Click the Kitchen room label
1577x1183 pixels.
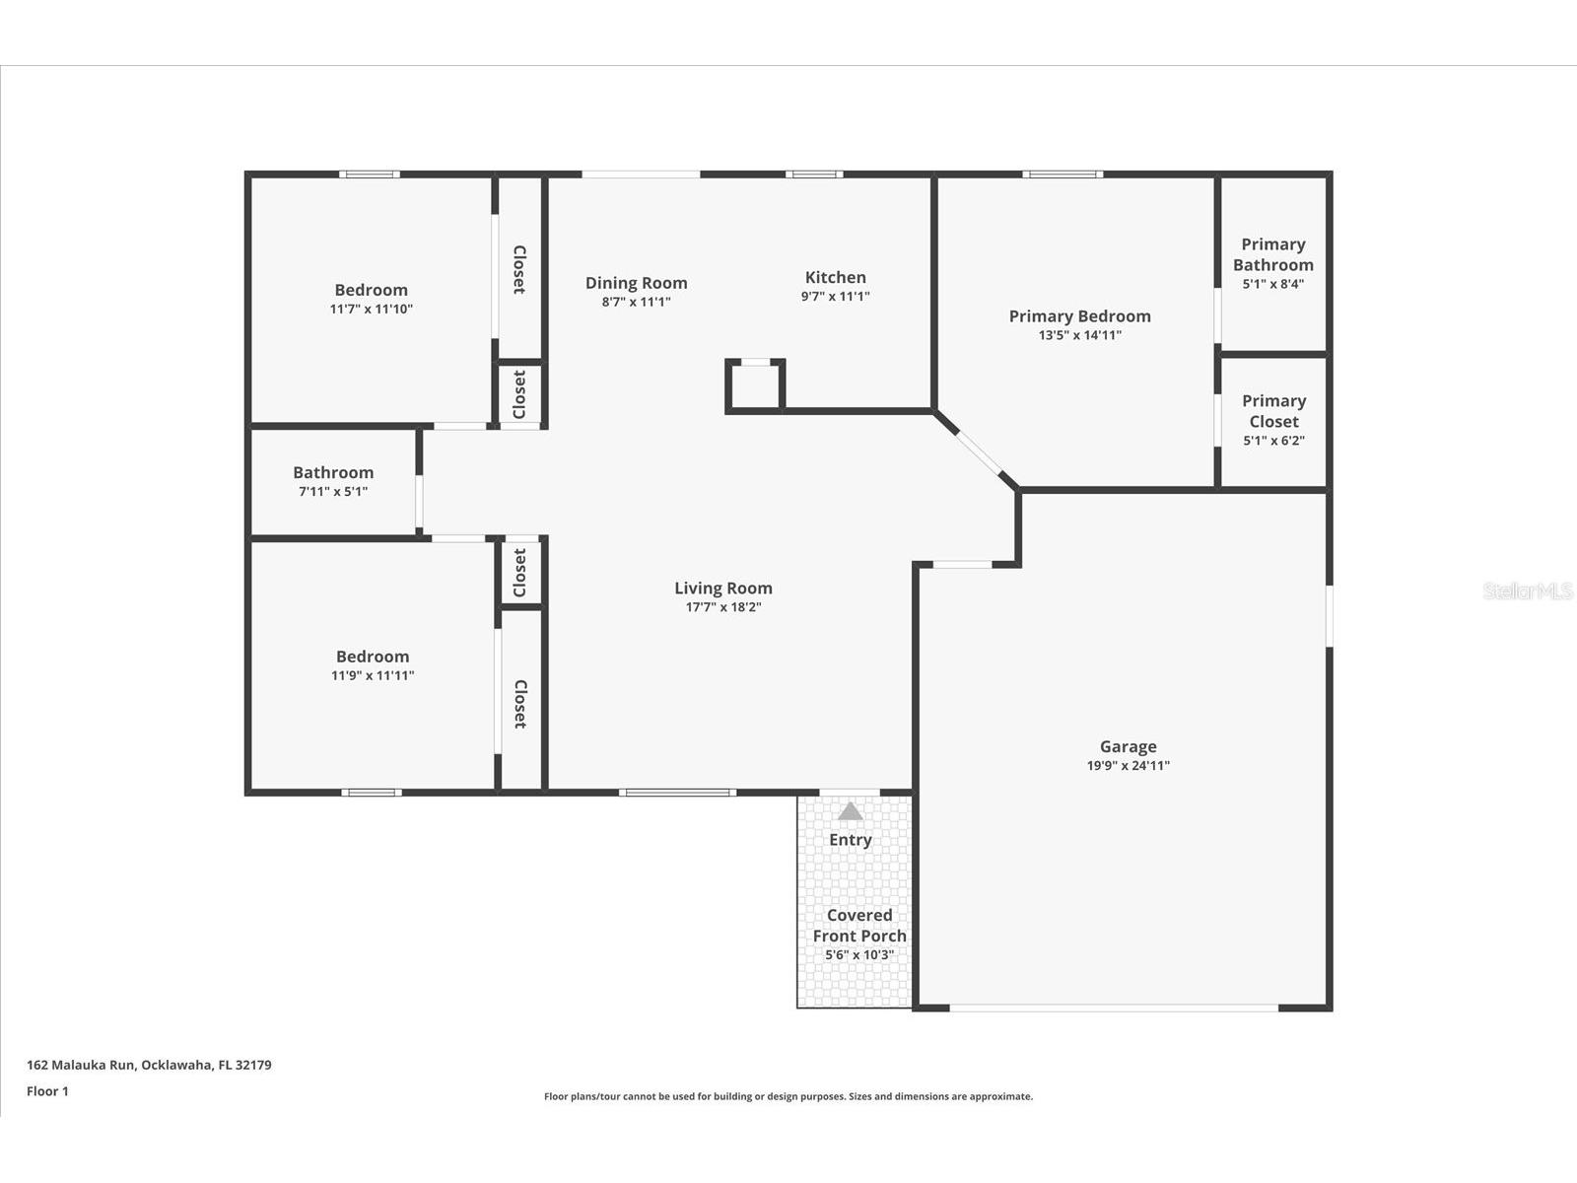pyautogui.click(x=835, y=277)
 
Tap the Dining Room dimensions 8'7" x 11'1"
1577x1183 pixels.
pyautogui.click(x=636, y=302)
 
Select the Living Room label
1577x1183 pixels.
pyautogui.click(x=722, y=589)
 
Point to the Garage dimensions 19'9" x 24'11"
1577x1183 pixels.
pyautogui.click(x=1128, y=766)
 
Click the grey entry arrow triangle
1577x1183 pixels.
pyautogui.click(x=850, y=811)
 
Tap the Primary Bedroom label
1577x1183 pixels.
pyautogui.click(x=1079, y=316)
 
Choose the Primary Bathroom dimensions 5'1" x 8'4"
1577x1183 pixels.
pyautogui.click(x=1273, y=284)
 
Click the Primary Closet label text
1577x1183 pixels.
pyautogui.click(x=1273, y=411)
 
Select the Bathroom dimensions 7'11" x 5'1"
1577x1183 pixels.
pyautogui.click(x=332, y=491)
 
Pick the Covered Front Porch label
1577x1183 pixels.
pyautogui.click(x=859, y=925)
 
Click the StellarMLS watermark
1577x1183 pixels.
pyautogui.click(x=1528, y=591)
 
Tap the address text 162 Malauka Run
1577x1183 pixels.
pyautogui.click(x=81, y=1065)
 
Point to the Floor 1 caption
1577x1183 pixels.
pyautogui.click(x=47, y=1091)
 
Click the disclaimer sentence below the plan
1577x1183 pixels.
pyautogui.click(x=788, y=1096)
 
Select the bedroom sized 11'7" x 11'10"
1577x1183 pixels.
pyautogui.click(x=371, y=299)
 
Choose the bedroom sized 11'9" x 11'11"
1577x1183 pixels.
pyautogui.click(x=373, y=665)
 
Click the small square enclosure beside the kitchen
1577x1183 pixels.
pyautogui.click(x=754, y=386)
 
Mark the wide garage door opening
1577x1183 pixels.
pyautogui.click(x=1114, y=1008)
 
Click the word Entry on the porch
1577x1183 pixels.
pyautogui.click(x=850, y=840)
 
